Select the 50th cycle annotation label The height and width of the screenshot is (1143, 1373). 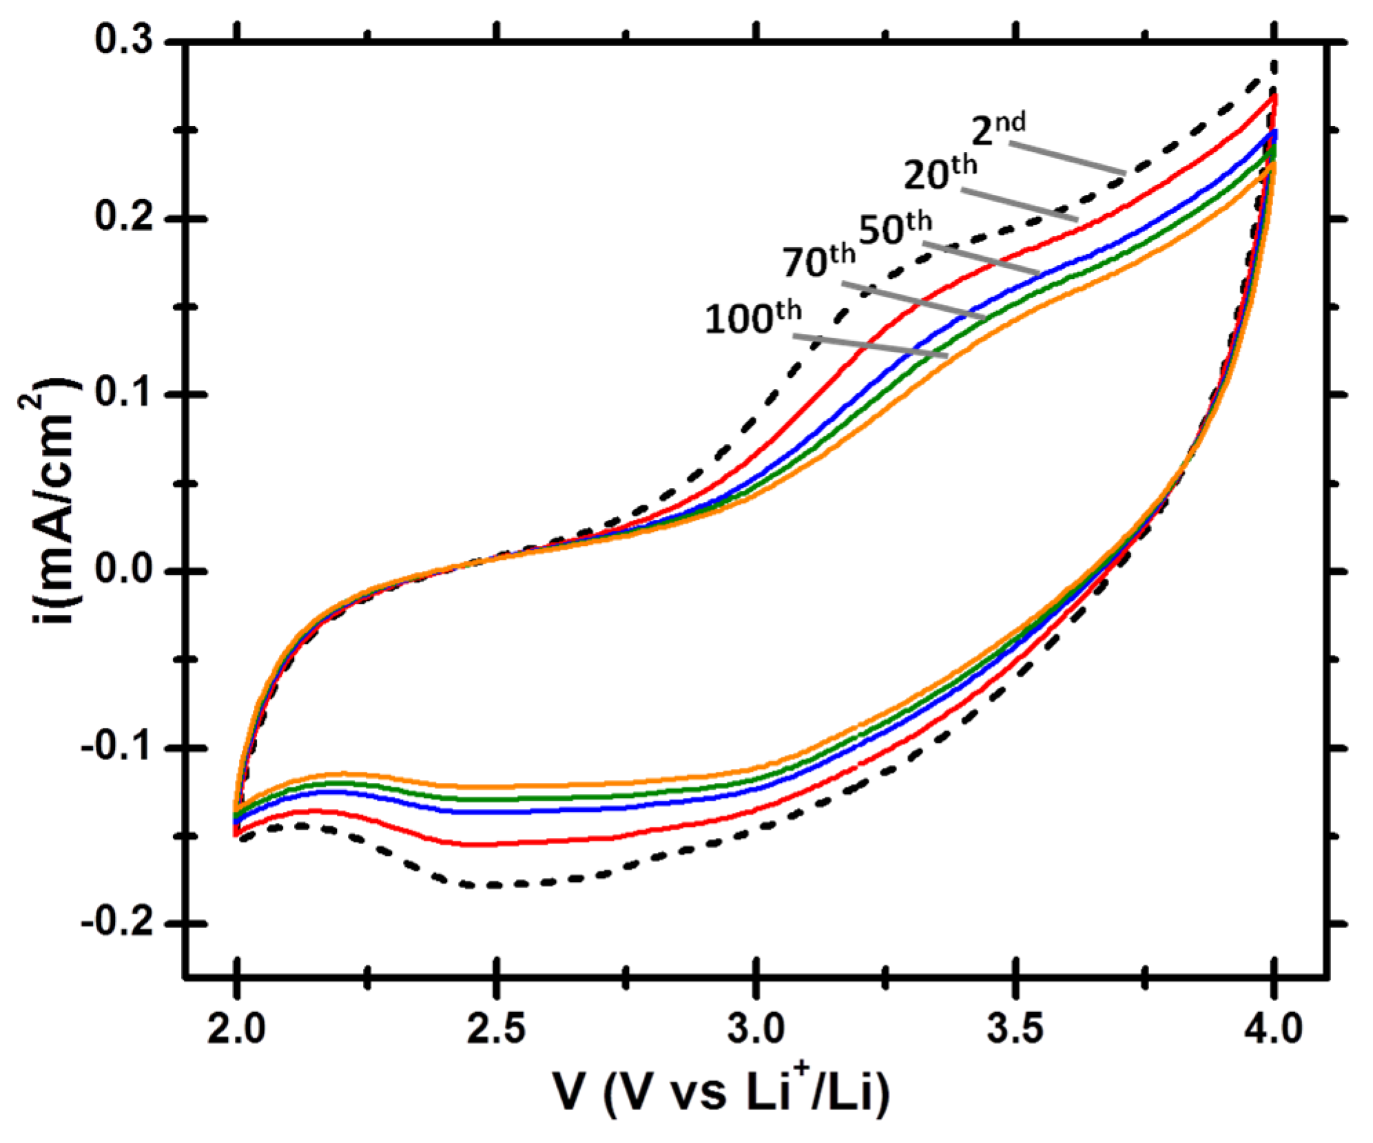pos(895,228)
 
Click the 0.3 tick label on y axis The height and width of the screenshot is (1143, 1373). pos(124,40)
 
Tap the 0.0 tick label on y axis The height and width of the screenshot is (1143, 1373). pos(124,571)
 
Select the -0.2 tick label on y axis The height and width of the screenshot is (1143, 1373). pos(117,923)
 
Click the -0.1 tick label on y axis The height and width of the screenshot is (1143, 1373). pos(117,747)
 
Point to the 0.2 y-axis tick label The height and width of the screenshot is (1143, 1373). pos(124,217)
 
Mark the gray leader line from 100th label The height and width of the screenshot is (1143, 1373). pos(869,346)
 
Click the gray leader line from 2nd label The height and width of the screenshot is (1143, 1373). pos(1068,158)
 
